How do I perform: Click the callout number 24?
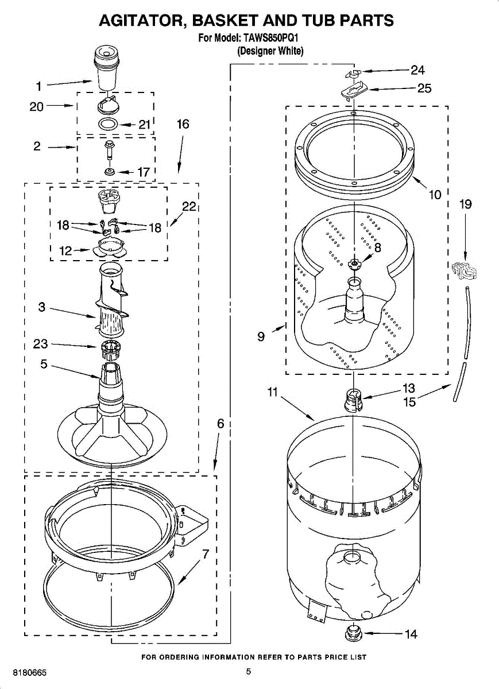pyautogui.click(x=417, y=70)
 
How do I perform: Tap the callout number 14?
pyautogui.click(x=411, y=634)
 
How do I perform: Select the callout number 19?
pyautogui.click(x=465, y=204)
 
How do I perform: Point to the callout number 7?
pyautogui.click(x=205, y=554)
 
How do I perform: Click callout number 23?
pyautogui.click(x=40, y=344)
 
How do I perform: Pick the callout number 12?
pyautogui.click(x=66, y=251)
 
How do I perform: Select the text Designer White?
pyautogui.click(x=270, y=51)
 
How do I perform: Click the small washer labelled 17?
pyautogui.click(x=109, y=171)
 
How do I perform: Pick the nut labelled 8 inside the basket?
pyautogui.click(x=354, y=263)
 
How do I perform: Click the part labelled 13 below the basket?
pyautogui.click(x=353, y=398)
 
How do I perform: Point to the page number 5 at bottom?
pyautogui.click(x=249, y=672)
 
